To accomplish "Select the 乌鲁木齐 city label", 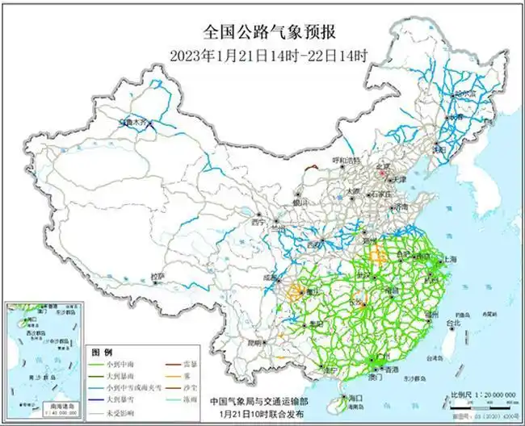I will (134, 123).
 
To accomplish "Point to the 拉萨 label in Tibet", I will (158, 276).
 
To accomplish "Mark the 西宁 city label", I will (257, 221).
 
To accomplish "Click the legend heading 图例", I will (100, 353).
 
